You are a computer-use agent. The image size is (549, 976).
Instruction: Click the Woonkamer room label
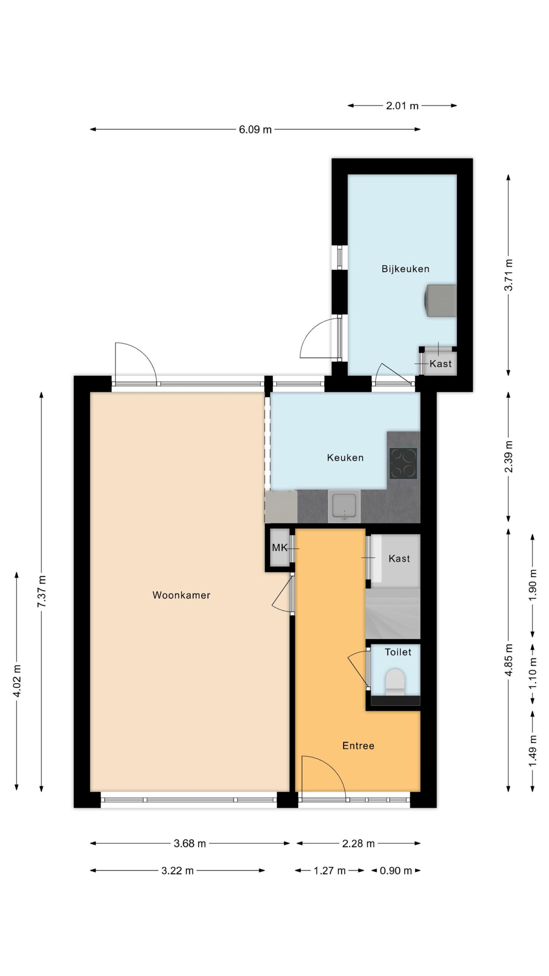pyautogui.click(x=181, y=595)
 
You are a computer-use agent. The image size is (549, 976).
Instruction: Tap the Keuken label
pyautogui.click(x=345, y=457)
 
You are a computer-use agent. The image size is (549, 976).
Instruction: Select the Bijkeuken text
pyautogui.click(x=405, y=269)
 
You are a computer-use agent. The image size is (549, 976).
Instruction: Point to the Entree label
pyautogui.click(x=358, y=746)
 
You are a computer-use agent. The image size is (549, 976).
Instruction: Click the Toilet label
pyautogui.click(x=398, y=652)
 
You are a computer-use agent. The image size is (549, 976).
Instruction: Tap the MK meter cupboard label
pyautogui.click(x=279, y=548)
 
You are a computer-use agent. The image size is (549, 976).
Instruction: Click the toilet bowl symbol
pyautogui.click(x=395, y=682)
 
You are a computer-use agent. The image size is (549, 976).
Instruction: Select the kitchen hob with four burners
pyautogui.click(x=403, y=464)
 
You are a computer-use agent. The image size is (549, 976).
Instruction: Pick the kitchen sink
pyautogui.click(x=344, y=506)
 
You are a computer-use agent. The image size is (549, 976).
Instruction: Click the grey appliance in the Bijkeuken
pyautogui.click(x=440, y=300)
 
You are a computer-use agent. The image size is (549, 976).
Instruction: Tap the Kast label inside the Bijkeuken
pyautogui.click(x=440, y=364)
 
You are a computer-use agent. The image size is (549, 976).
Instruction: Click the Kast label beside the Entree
pyautogui.click(x=399, y=559)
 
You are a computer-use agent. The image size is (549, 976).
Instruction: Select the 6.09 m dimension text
pyautogui.click(x=255, y=130)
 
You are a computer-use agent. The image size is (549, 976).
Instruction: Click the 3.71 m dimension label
pyautogui.click(x=509, y=275)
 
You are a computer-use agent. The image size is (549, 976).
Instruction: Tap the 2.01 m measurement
pyautogui.click(x=402, y=106)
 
